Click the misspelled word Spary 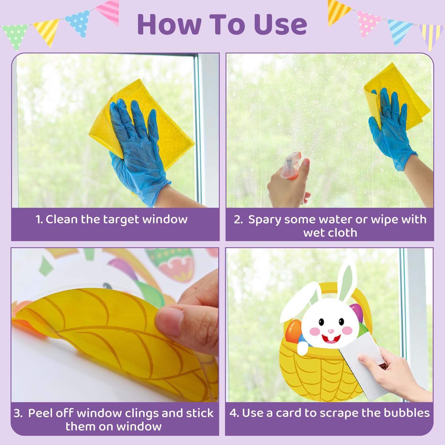click(264, 220)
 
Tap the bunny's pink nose click(331, 331)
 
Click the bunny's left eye click(321, 322)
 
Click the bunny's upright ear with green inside click(348, 281)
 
